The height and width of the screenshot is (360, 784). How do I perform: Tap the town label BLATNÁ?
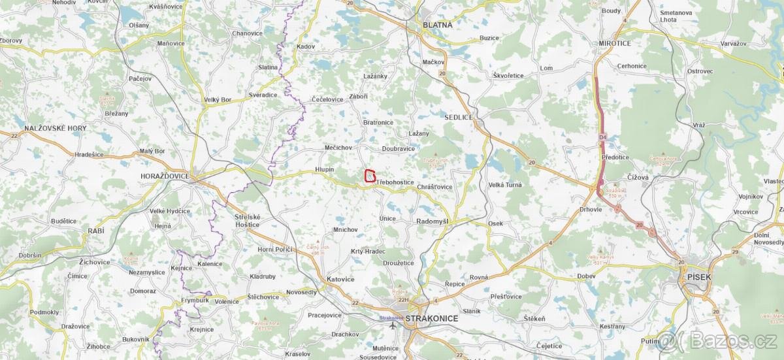(438, 24)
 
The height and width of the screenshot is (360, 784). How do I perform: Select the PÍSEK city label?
(698, 277)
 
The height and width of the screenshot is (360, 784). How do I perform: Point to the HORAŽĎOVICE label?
(165, 176)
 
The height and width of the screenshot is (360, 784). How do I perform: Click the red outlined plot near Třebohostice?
(370, 176)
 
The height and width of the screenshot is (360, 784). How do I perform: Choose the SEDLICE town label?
(458, 117)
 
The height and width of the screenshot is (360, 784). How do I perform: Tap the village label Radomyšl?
(433, 221)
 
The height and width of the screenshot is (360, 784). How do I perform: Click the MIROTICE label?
(615, 43)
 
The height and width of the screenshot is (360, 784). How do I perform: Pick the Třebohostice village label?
(395, 182)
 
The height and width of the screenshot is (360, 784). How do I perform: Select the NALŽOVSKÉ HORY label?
(55, 128)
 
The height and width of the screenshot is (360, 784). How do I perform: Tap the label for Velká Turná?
(505, 185)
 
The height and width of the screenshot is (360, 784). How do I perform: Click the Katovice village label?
(340, 279)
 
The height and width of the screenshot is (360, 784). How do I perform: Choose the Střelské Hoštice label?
(247, 220)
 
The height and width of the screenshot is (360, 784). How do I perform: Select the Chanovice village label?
(247, 33)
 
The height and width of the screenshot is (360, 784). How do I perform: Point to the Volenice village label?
(227, 301)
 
